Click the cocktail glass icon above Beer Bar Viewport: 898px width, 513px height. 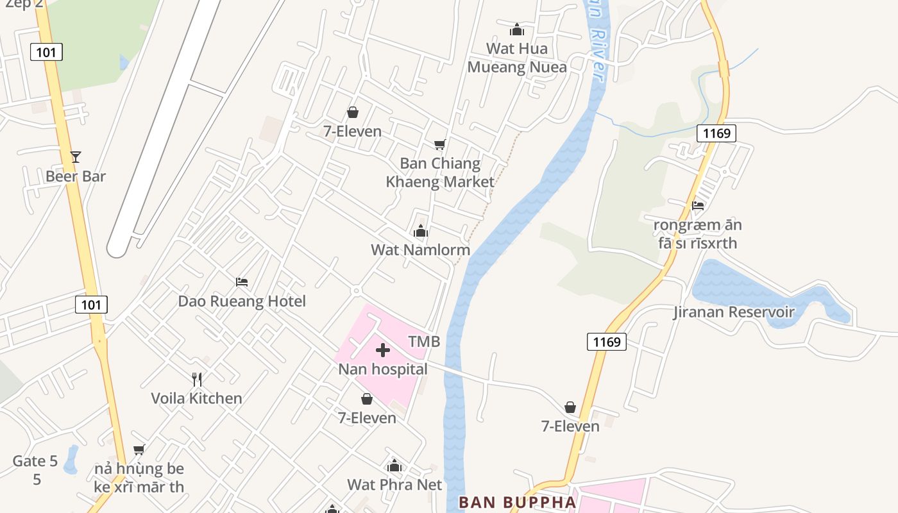click(x=76, y=157)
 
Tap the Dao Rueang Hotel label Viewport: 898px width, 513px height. click(x=242, y=301)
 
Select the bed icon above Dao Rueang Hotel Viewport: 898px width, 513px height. click(x=242, y=282)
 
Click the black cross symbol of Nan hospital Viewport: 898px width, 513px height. click(x=383, y=350)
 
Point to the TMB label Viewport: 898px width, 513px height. click(x=425, y=341)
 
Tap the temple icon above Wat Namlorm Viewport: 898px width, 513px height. click(x=421, y=231)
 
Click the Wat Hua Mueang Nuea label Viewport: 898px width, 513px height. click(x=517, y=58)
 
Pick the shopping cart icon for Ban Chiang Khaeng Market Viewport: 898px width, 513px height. click(x=439, y=144)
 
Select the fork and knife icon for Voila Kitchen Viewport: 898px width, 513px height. click(x=197, y=380)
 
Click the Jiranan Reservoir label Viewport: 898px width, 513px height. click(x=734, y=312)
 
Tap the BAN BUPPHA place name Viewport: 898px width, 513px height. click(x=518, y=501)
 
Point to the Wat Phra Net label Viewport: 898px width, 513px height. click(x=394, y=484)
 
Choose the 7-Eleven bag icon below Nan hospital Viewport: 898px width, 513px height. click(x=367, y=399)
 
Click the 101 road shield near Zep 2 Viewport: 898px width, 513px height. click(x=46, y=52)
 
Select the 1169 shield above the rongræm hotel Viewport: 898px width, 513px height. click(x=716, y=133)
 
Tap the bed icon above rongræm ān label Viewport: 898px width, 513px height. click(x=698, y=206)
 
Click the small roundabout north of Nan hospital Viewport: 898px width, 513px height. click(x=356, y=290)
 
